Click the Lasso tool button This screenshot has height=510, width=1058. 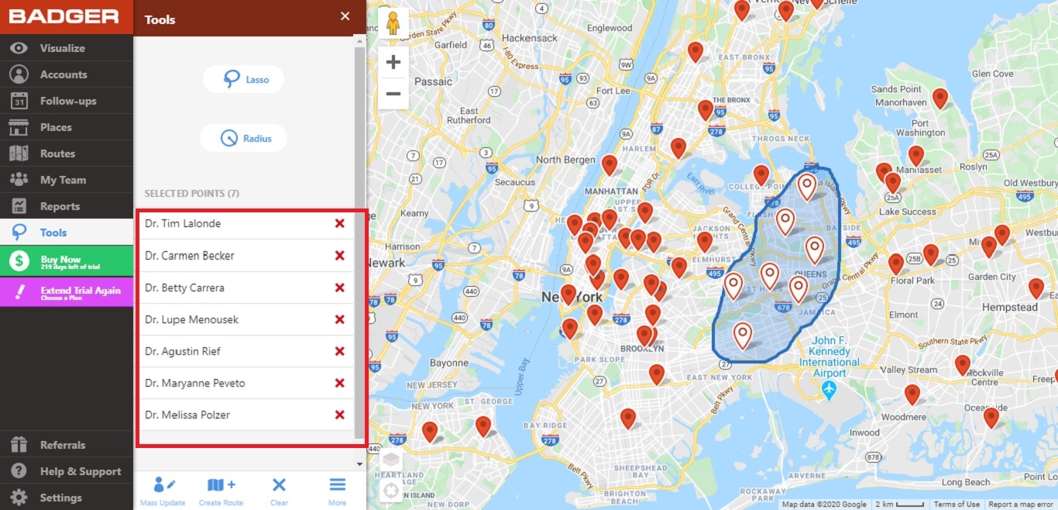(243, 79)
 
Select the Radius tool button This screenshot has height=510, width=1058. (243, 139)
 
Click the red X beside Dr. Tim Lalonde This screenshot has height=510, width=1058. (339, 224)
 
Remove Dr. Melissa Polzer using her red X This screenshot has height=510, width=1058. (339, 415)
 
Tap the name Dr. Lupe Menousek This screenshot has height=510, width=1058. (191, 319)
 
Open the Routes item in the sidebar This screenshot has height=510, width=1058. (57, 153)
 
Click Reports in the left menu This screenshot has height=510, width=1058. (60, 206)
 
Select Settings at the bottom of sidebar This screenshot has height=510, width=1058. (60, 498)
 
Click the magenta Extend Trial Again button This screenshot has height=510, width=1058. (67, 291)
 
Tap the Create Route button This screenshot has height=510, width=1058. (221, 491)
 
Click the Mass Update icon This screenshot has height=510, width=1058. (163, 491)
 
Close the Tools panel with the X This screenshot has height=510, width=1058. (345, 16)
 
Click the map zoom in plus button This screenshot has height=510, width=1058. (393, 62)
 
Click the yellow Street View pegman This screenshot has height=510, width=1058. (393, 24)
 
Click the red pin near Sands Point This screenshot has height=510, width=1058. (939, 98)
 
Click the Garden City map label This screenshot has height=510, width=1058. (991, 277)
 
